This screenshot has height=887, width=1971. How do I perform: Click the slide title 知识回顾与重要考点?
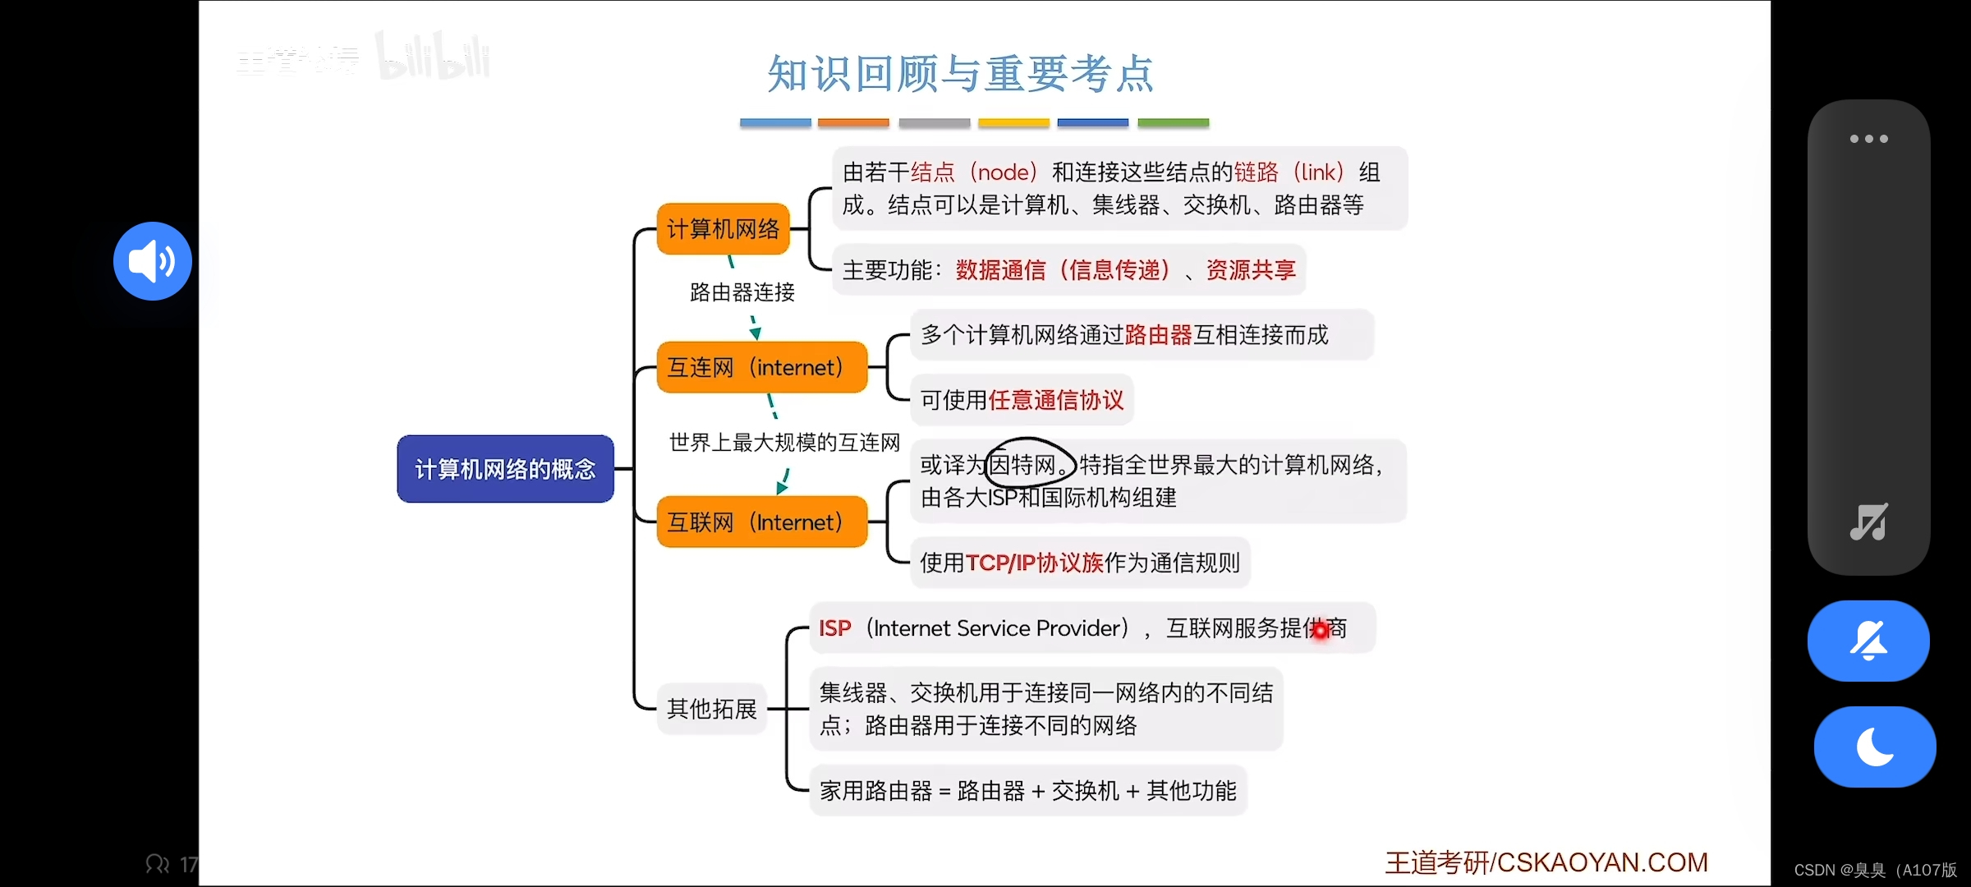(x=960, y=74)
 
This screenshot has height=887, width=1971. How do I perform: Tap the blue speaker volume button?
(x=153, y=261)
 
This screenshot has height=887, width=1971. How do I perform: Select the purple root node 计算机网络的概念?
(x=505, y=469)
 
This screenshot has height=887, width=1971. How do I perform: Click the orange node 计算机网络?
(x=723, y=228)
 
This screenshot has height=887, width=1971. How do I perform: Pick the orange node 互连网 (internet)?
(x=761, y=367)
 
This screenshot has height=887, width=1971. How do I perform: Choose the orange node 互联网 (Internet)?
(x=761, y=522)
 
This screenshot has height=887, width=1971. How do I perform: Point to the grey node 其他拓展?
(x=711, y=709)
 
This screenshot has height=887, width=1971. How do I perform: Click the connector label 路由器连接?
(x=742, y=292)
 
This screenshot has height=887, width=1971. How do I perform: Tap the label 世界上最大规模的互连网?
(x=784, y=443)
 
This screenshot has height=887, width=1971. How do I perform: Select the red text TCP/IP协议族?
(x=1034, y=563)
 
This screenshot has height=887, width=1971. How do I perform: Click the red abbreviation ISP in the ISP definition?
(x=834, y=628)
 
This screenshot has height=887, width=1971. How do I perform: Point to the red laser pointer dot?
(x=1320, y=630)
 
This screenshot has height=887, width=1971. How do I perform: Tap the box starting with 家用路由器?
(x=1027, y=791)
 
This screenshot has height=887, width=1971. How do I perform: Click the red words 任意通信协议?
(x=1056, y=400)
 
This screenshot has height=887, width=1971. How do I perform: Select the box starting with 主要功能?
(x=1068, y=270)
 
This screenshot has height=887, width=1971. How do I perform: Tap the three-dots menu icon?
(x=1868, y=139)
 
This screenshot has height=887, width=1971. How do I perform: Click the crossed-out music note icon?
(x=1868, y=522)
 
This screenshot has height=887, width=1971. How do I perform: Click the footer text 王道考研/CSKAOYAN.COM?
(x=1546, y=862)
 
